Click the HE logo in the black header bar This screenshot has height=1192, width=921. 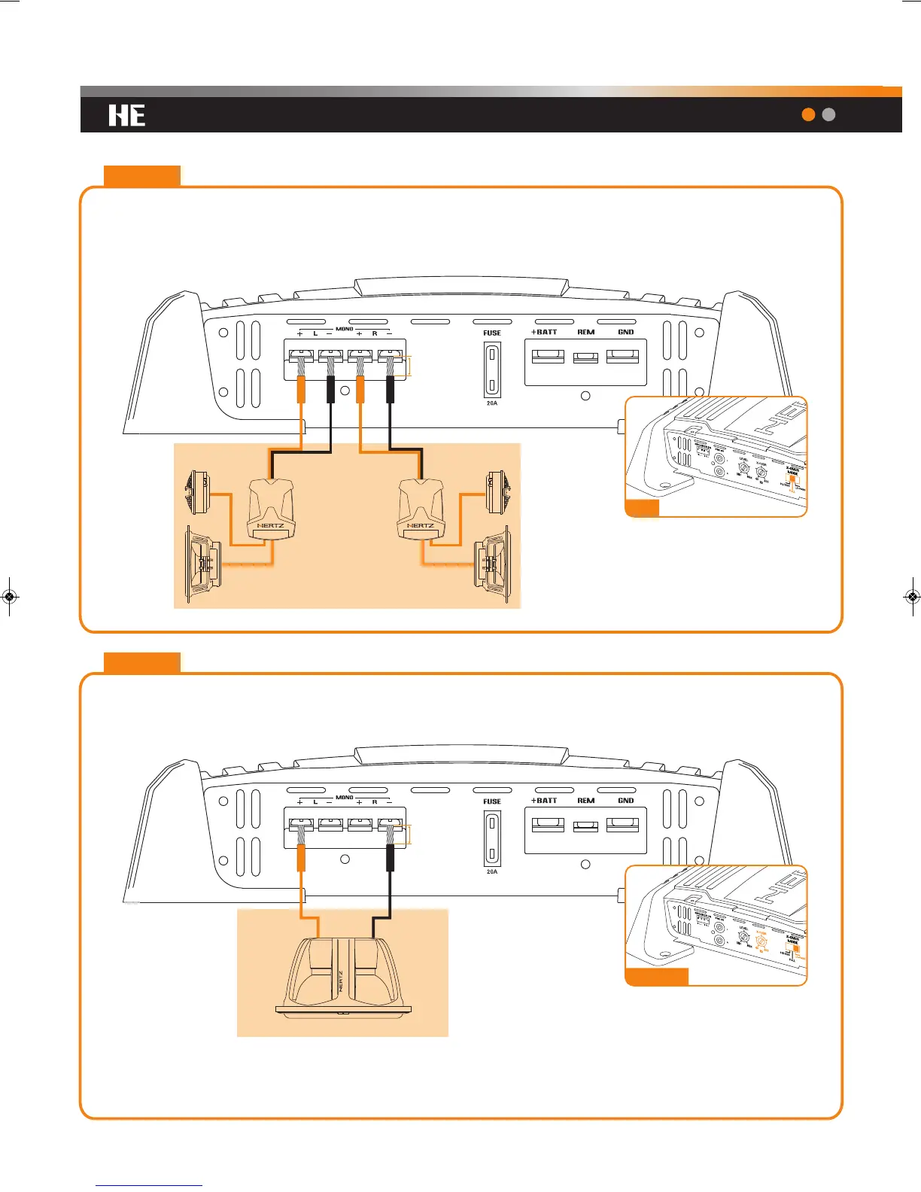126,115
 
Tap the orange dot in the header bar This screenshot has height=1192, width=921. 809,114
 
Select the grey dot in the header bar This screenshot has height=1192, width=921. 828,114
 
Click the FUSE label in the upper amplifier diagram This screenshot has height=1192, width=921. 492,333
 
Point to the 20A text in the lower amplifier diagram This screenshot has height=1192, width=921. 492,871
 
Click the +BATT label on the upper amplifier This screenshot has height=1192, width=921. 545,332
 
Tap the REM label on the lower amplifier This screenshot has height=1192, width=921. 586,801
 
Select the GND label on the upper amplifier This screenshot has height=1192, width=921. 626,332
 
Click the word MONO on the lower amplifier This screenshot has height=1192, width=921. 345,797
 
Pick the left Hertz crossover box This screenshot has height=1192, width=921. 271,509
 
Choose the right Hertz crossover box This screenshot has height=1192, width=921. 420,509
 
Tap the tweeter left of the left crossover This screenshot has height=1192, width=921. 197,493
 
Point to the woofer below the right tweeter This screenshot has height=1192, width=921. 494,561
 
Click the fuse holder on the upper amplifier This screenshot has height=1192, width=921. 492,369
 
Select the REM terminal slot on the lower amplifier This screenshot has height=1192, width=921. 586,826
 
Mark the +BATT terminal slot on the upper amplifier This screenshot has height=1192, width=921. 548,357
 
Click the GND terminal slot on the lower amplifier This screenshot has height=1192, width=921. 622,826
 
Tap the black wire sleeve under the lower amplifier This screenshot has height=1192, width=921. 390,857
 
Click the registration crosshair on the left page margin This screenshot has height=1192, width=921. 9,596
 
